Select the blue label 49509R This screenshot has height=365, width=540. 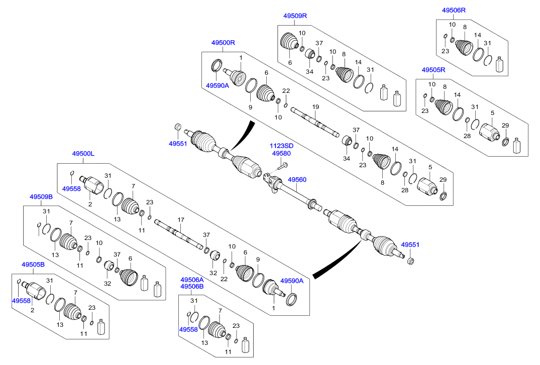pos(295,16)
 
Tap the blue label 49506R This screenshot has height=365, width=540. pos(454,10)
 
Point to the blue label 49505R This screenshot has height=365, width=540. pos(434,70)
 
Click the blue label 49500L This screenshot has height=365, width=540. pos(83,154)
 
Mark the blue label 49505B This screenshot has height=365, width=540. pos(33,264)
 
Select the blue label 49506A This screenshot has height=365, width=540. pos(192,280)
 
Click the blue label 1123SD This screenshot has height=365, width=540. pos(282,146)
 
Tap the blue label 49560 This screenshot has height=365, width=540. pos(297,179)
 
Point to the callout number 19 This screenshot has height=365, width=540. pos(315,107)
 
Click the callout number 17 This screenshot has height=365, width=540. pos(181,220)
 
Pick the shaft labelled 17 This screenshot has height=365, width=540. pos(178,234)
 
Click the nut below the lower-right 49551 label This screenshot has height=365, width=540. pos(409,261)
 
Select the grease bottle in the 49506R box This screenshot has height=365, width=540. pos(499,65)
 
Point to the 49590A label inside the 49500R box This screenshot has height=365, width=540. pos(217,85)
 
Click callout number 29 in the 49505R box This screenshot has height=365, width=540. pos(505,126)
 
